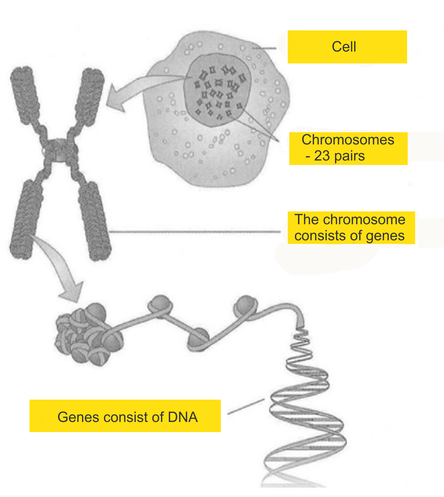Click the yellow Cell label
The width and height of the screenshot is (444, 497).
pyautogui.click(x=347, y=47)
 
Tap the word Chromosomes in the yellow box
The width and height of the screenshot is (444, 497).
pyautogui.click(x=348, y=140)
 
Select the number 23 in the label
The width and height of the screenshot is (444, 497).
pyautogui.click(x=322, y=156)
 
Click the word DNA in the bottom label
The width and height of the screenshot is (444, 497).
pyautogui.click(x=183, y=417)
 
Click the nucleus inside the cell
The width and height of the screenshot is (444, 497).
pyautogui.click(x=217, y=89)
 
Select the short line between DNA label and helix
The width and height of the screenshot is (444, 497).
pyautogui.click(x=246, y=406)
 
